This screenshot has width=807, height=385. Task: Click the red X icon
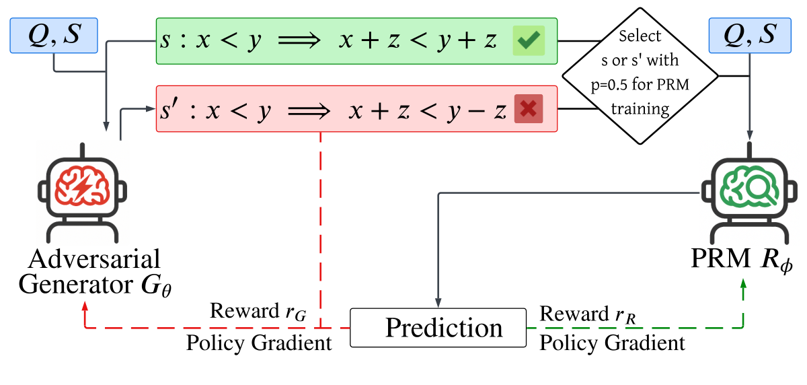click(528, 109)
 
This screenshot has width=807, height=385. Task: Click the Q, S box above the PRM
click(748, 36)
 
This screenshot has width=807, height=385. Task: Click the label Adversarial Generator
click(89, 271)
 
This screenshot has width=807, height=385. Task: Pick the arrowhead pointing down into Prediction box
click(439, 302)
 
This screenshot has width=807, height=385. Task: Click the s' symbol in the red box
click(169, 110)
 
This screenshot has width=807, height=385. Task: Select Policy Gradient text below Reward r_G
click(259, 343)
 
